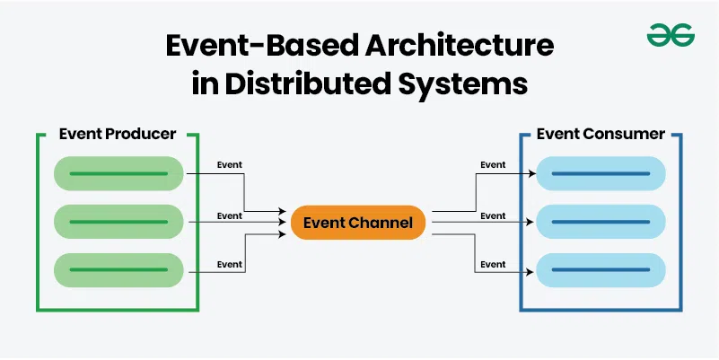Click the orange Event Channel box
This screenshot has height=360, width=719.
(x=357, y=224)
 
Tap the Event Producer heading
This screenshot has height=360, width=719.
(x=117, y=134)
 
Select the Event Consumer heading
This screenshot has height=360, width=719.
(x=601, y=134)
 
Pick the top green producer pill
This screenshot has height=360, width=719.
(x=118, y=173)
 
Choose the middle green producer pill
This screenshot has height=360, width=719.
(x=118, y=222)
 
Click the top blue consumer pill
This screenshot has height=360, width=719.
(x=601, y=173)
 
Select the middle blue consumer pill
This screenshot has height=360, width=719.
(x=601, y=222)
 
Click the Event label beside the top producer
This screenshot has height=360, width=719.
(x=230, y=165)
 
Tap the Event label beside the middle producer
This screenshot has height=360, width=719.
(x=230, y=215)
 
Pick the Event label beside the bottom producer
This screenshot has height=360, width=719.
(x=230, y=264)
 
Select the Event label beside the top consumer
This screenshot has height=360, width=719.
(x=493, y=165)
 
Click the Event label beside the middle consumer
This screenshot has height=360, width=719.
(x=493, y=215)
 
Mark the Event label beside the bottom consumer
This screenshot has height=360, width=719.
(x=493, y=264)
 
